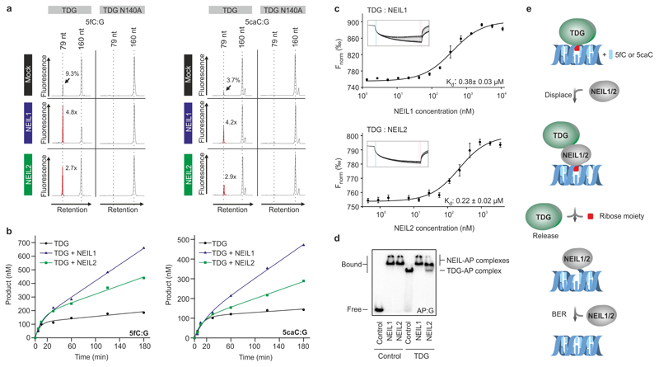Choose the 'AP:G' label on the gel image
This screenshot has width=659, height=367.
click(x=453, y=313)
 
